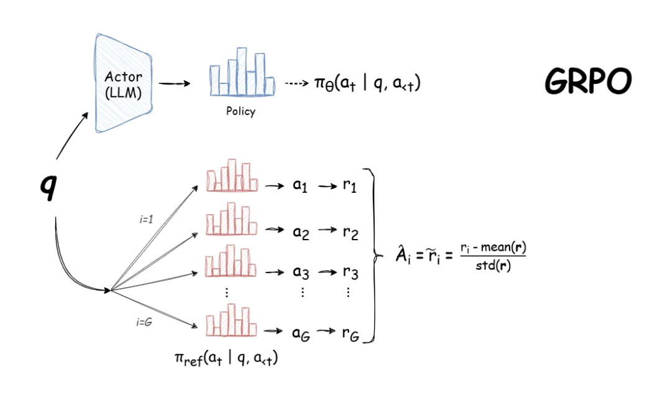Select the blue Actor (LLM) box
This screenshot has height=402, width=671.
[123, 83]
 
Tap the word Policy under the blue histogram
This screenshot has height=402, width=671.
[240, 111]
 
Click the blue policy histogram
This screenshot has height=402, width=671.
[242, 72]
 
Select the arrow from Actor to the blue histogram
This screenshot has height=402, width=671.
[175, 83]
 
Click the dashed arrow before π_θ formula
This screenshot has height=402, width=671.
[296, 83]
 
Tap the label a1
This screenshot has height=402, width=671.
[300, 186]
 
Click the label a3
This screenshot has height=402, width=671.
[301, 272]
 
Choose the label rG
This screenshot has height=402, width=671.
[350, 334]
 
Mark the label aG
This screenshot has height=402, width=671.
[301, 334]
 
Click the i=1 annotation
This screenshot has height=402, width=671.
[147, 220]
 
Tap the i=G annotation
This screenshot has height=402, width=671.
[144, 322]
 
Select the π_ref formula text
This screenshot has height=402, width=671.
[226, 358]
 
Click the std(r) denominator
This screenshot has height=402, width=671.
[493, 266]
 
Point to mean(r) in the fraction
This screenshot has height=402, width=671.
[504, 247]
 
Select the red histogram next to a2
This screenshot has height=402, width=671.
[232, 219]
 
